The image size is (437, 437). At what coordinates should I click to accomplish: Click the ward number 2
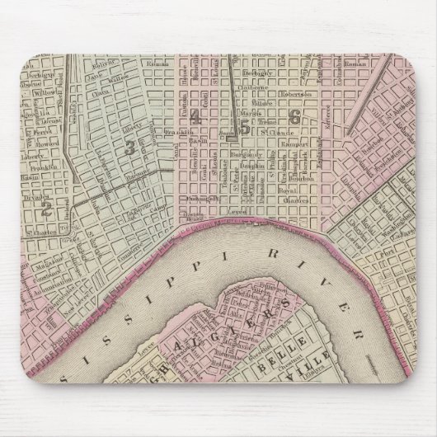(x=47, y=208)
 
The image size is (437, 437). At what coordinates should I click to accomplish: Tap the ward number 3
(x=129, y=148)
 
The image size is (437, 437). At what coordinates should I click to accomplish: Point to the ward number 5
(x=244, y=126)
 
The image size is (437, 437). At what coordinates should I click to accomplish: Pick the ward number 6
(x=294, y=118)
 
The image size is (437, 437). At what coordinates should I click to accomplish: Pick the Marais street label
(x=251, y=114)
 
